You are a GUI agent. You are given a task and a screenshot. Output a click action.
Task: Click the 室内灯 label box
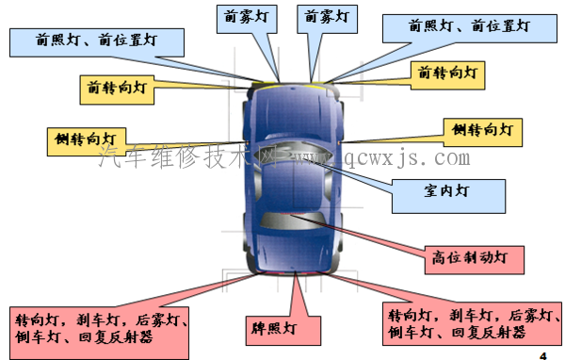coord(446,190)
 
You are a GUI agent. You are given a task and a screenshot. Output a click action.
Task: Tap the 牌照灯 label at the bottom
coord(273,329)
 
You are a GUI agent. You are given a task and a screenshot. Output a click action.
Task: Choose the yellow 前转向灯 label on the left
coord(116,89)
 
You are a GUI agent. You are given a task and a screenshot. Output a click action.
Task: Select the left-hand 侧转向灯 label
coord(87,139)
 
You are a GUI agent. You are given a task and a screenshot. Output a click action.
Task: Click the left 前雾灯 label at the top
coord(245,17)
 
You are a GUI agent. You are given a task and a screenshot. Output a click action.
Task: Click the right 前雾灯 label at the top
coord(326,17)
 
